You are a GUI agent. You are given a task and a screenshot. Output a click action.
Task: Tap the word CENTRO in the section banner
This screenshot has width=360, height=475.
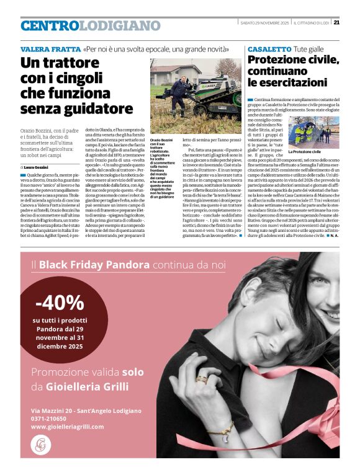pyautogui.click(x=49, y=25)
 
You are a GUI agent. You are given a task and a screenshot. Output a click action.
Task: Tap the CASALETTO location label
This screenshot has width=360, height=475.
pyautogui.click(x=269, y=48)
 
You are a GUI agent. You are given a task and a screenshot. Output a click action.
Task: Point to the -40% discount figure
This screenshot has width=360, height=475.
pyautogui.click(x=60, y=303)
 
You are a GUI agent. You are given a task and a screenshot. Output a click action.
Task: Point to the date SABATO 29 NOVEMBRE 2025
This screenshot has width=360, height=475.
pyautogui.click(x=264, y=23)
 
